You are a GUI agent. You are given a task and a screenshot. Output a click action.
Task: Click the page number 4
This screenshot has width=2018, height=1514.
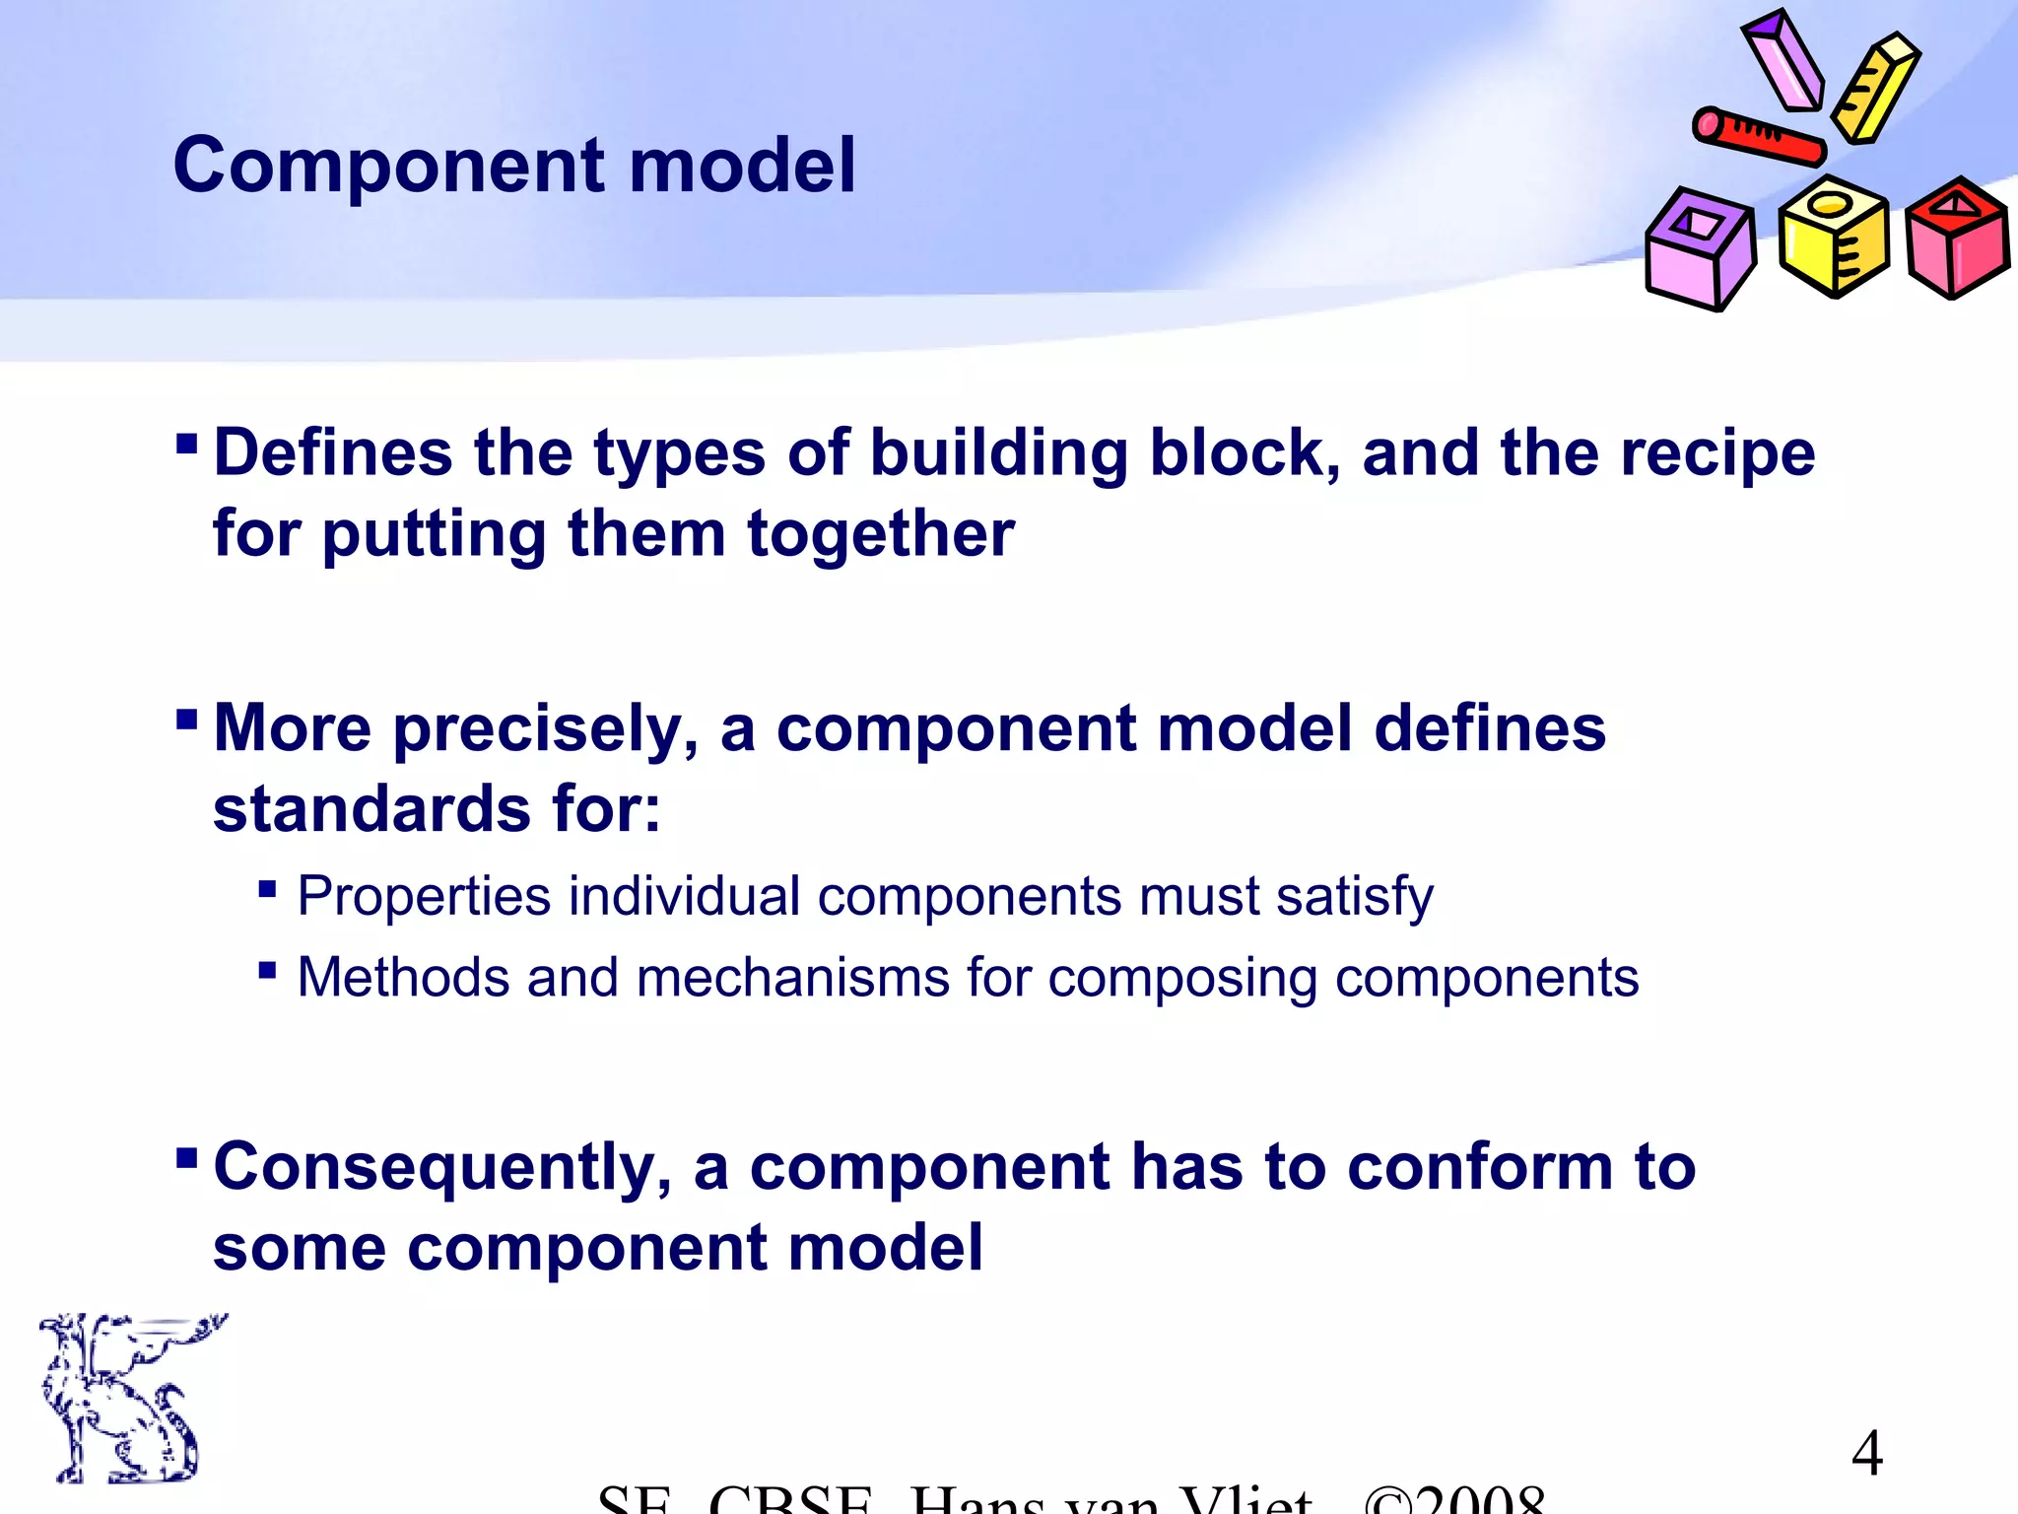[1866, 1453]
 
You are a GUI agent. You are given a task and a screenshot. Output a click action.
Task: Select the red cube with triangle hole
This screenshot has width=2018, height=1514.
[1956, 239]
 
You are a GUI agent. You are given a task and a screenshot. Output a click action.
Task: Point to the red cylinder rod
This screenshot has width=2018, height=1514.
[1759, 137]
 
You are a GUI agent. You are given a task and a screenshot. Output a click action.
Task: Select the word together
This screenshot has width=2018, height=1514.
[880, 534]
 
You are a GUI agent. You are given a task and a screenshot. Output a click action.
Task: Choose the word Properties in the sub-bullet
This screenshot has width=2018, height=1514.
[424, 897]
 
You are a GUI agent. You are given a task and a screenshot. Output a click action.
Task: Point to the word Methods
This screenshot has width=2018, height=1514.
[403, 978]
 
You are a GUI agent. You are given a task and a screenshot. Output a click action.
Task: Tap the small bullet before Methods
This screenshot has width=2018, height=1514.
[267, 971]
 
